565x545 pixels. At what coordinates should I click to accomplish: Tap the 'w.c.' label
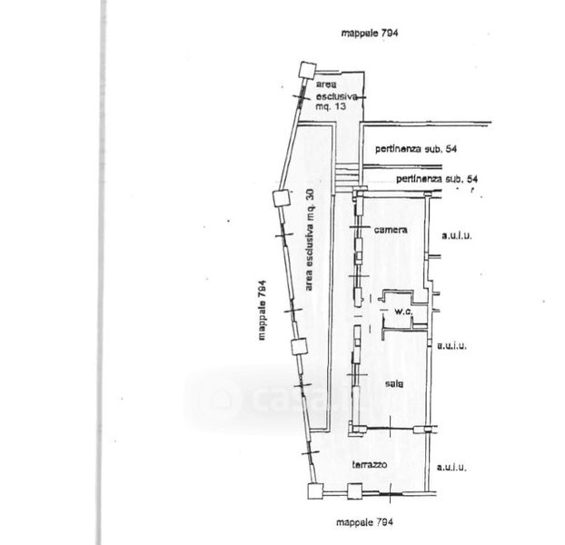click(403, 312)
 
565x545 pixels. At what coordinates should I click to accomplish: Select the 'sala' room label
click(392, 382)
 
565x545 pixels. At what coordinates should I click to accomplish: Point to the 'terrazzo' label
click(371, 465)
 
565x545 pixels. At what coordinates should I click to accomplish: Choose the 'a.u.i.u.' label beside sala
click(451, 345)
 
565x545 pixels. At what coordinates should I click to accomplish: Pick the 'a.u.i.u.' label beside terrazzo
click(451, 469)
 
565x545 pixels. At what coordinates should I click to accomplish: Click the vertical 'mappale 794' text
click(261, 309)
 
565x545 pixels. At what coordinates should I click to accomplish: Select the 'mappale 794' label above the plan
click(371, 32)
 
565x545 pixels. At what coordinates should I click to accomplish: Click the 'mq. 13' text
click(332, 106)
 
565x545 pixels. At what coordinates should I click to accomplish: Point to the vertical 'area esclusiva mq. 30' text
click(309, 240)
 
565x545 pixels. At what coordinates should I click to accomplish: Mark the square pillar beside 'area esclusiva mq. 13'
click(307, 69)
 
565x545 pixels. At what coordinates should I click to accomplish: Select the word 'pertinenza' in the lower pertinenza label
click(419, 180)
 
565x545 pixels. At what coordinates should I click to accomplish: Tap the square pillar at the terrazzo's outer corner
click(314, 491)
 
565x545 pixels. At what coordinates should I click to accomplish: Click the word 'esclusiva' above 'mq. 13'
click(338, 94)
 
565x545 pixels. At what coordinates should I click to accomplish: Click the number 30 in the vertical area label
click(309, 195)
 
